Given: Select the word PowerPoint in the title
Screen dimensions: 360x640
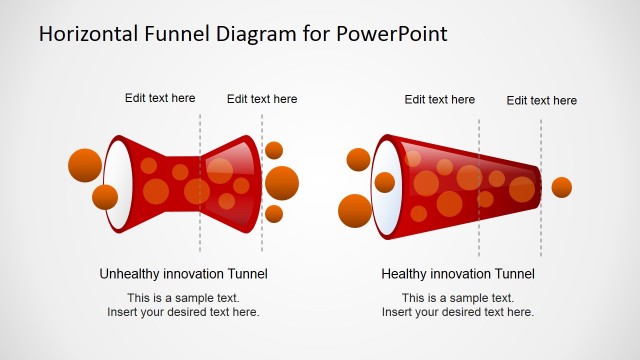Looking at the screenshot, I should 393,34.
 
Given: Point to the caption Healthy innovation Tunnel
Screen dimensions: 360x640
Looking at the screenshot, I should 458,273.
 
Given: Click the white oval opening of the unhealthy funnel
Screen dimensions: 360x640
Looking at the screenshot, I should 118,185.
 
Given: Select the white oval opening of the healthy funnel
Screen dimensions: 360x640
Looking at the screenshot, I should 386,181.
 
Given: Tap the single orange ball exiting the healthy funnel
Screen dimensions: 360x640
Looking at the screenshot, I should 562,187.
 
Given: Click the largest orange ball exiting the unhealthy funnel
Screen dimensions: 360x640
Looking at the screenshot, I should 282,183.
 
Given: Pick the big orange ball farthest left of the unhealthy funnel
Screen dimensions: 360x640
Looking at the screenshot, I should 85,165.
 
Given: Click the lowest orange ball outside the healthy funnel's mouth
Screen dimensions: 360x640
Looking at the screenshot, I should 355,211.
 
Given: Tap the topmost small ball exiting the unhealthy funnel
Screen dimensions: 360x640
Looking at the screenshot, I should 274,151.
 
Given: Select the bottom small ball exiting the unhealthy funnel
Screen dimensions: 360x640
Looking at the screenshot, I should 274,213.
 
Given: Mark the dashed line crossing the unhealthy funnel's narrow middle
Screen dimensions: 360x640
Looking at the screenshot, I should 200,185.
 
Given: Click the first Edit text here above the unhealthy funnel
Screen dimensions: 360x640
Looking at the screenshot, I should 160,98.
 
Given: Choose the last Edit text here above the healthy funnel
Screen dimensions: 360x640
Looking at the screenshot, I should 541,100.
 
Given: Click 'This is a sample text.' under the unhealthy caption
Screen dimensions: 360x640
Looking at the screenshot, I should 183,298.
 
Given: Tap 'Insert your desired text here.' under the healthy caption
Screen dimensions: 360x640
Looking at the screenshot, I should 458,312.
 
